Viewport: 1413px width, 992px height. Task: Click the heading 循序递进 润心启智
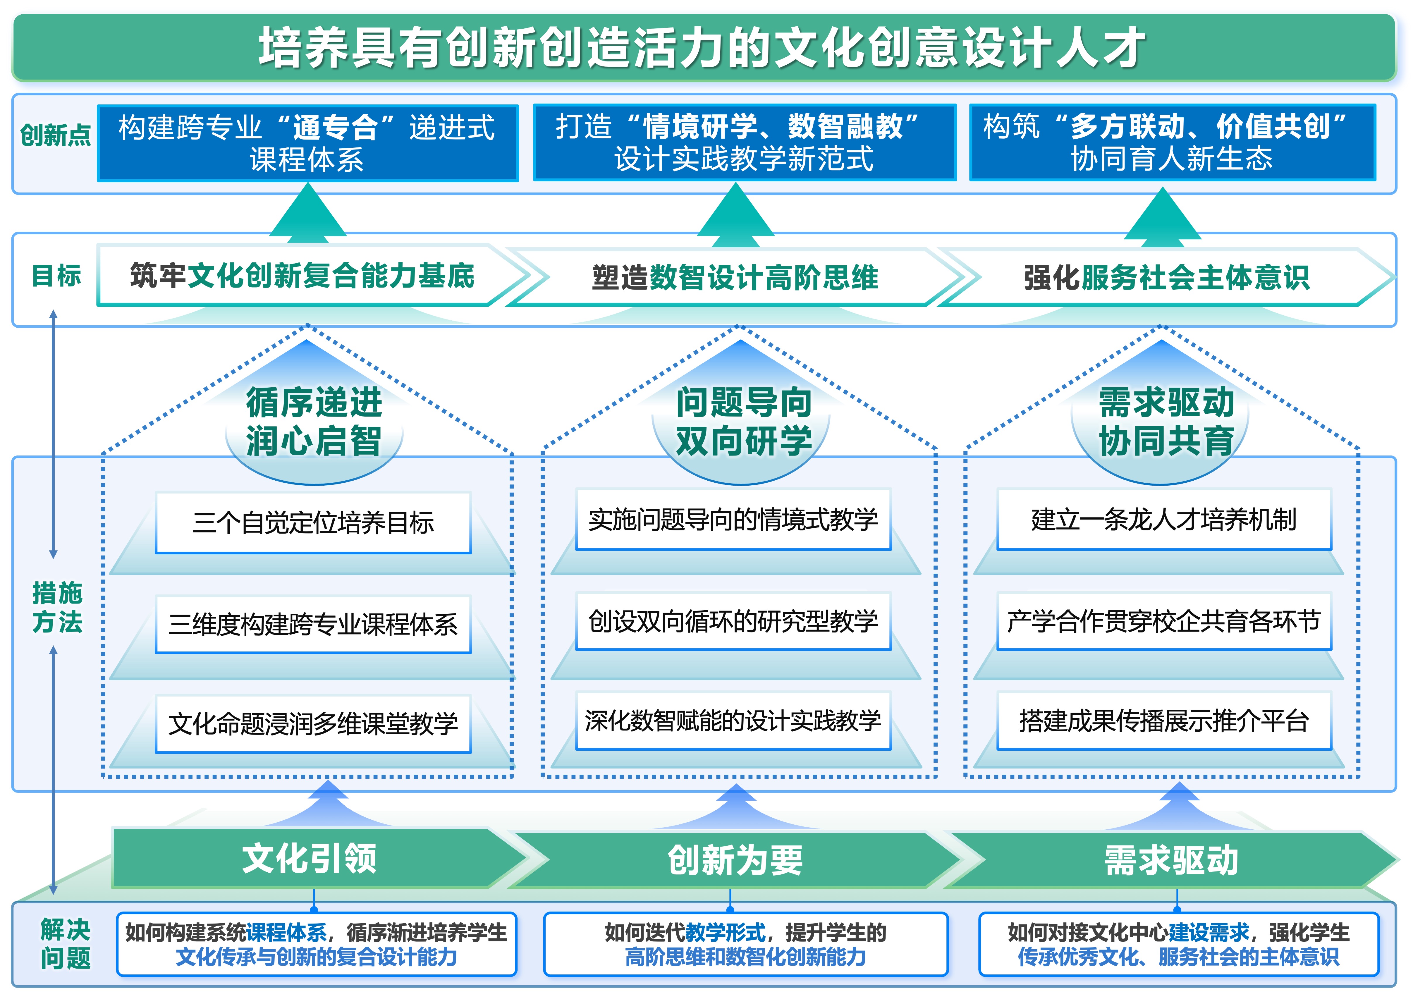pyautogui.click(x=314, y=422)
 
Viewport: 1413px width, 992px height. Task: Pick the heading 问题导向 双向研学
pyautogui.click(x=743, y=422)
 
